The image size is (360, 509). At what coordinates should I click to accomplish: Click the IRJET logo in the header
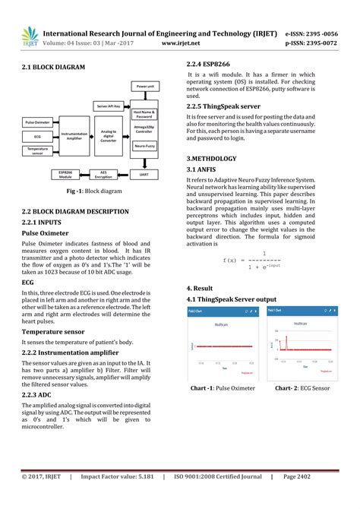coord(30,36)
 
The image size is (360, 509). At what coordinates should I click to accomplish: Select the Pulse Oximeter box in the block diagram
coord(37,122)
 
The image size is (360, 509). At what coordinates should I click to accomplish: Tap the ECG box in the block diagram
coord(37,136)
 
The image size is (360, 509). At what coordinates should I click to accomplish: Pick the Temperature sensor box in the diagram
coord(37,151)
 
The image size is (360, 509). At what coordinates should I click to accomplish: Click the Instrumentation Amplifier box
coord(74,136)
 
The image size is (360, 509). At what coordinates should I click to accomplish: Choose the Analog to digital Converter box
coord(109,136)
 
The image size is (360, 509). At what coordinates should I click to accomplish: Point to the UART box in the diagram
coord(144,174)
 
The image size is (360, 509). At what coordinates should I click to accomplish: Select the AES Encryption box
coord(98,174)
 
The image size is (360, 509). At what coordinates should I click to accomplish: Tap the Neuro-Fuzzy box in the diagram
coord(145,144)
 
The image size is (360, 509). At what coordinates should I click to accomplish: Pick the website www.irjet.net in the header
coord(187,43)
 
